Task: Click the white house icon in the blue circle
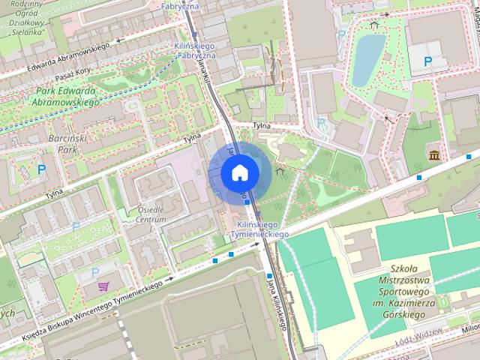click(239, 172)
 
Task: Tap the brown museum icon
click(434, 155)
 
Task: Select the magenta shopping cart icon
click(103, 286)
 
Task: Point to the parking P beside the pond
click(428, 61)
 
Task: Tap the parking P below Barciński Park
click(42, 170)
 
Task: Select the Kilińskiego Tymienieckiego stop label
click(262, 229)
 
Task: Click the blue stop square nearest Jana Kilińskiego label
click(268, 276)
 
